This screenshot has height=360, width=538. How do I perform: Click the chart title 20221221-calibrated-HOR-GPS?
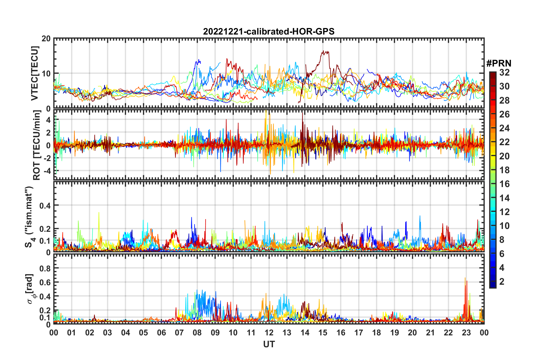click(269, 31)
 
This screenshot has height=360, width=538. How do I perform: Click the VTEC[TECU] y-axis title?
click(35, 73)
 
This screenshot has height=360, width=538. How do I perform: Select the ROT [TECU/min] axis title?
click(37, 145)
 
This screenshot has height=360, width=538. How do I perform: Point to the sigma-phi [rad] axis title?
click(31, 289)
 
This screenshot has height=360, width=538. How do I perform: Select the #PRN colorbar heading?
click(499, 63)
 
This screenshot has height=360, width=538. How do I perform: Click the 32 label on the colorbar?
click(504, 72)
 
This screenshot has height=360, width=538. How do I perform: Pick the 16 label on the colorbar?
click(504, 184)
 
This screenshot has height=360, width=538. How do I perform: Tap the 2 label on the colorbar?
click(502, 281)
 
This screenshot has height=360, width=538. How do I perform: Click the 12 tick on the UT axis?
click(269, 333)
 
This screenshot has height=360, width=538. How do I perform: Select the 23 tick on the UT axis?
click(466, 333)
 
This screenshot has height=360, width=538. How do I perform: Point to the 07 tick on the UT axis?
click(179, 333)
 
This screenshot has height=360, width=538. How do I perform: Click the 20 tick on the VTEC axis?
click(46, 39)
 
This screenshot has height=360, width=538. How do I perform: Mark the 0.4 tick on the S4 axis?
click(45, 205)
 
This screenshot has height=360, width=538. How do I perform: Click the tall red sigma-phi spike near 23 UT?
click(465, 279)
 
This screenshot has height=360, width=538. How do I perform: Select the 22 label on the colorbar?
click(504, 142)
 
